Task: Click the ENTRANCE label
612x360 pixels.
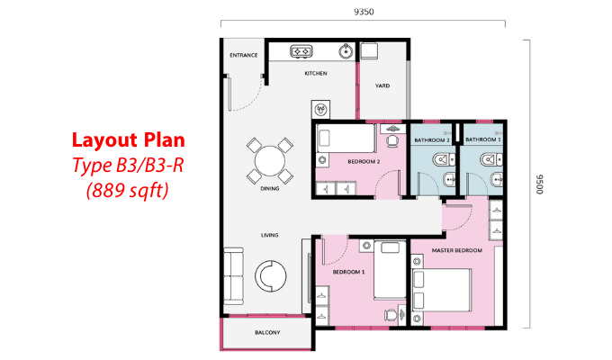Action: coord(244,56)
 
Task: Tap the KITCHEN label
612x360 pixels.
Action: coord(316,74)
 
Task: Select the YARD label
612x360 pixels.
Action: coord(382,85)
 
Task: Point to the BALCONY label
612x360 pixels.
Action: coord(267,333)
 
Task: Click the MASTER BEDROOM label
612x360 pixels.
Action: coord(456,250)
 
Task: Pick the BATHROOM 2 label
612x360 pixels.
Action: coord(432,139)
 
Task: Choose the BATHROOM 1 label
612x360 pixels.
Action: coord(483,139)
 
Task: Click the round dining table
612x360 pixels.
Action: coord(270,161)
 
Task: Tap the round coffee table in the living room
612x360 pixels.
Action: coord(271,276)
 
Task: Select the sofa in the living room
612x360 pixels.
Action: coord(233,276)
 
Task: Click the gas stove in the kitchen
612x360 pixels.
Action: coord(301,51)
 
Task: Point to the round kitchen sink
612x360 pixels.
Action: coord(346,51)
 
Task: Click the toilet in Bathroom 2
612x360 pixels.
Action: coord(444,159)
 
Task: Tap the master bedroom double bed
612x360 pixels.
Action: coord(441,290)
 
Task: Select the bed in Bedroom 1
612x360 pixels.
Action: coord(390,270)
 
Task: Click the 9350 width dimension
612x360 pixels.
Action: coord(364,12)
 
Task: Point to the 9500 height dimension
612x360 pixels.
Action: coord(539,184)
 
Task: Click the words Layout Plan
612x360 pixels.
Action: coord(129,140)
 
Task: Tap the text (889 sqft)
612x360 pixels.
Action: coord(128,191)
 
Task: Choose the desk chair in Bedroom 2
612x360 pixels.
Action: coord(391,141)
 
